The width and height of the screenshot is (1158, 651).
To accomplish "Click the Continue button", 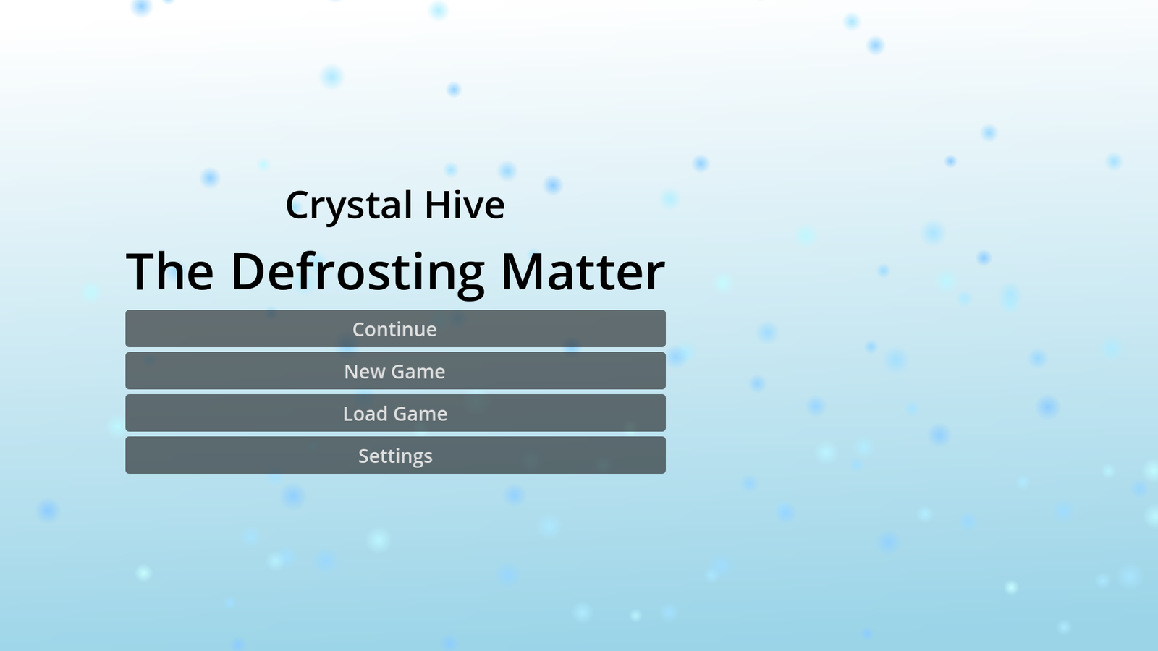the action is pyautogui.click(x=395, y=328).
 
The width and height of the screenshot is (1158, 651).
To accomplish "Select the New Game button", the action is pyautogui.click(x=395, y=371).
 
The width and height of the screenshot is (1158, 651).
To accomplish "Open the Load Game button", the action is pyautogui.click(x=395, y=413).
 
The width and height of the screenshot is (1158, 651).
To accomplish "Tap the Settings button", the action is pyautogui.click(x=395, y=455).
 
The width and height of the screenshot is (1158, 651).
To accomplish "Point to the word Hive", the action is pyautogui.click(x=465, y=205).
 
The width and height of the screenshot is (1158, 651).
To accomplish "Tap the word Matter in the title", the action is pyautogui.click(x=583, y=271).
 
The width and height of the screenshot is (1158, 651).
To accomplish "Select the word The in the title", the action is pyautogui.click(x=169, y=271).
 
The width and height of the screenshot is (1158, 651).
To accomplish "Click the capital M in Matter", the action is pyautogui.click(x=527, y=272).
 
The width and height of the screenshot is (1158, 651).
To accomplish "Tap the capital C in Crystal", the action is pyautogui.click(x=299, y=205).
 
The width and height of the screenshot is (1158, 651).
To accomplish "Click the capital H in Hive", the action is pyautogui.click(x=438, y=205).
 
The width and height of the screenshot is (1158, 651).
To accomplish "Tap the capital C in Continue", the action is pyautogui.click(x=359, y=329).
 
